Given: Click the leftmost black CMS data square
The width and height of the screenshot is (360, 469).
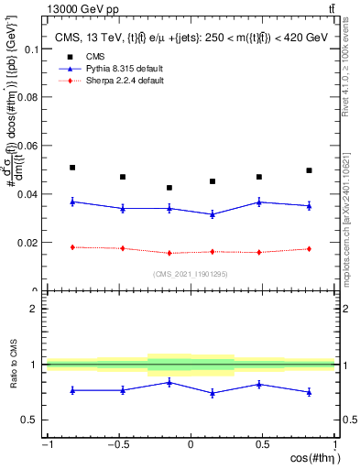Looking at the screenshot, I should tap(72, 168).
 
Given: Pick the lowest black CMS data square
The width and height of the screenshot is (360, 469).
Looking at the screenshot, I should tap(169, 188).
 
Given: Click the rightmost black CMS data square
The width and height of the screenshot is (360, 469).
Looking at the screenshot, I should tap(310, 170).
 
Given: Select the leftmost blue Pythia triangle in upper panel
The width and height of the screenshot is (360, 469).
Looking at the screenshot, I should tap(72, 202).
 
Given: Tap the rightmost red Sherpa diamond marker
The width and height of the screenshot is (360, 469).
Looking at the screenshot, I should tap(310, 249).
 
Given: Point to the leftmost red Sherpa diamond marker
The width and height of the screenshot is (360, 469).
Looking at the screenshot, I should tap(72, 247).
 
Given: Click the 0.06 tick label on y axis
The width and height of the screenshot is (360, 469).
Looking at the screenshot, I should tap(27, 146).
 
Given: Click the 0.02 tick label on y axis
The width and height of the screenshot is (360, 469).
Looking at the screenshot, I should tap(27, 243).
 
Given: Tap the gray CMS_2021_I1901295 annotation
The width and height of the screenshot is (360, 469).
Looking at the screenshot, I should tap(191, 274).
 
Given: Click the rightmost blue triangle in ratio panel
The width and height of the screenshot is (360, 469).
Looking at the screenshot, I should tap(310, 392).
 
